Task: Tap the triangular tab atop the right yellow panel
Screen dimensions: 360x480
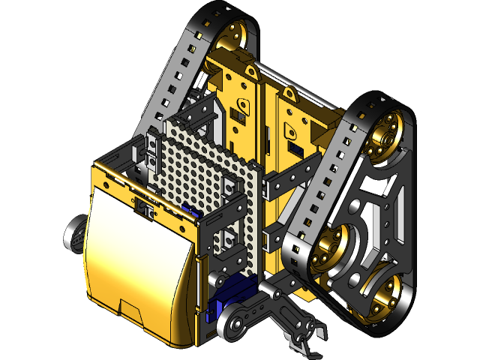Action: [x=289, y=94]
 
